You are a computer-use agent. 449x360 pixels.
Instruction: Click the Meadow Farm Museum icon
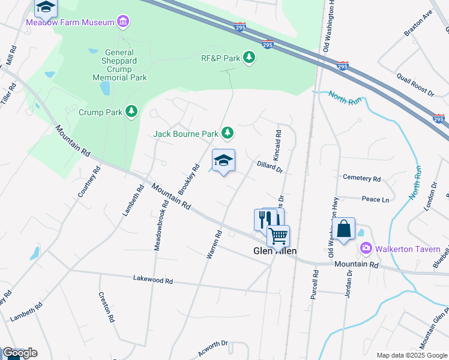click(x=123, y=22)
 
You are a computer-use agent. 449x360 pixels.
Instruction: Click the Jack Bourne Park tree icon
click(x=227, y=133)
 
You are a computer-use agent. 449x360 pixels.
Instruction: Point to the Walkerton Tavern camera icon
click(x=364, y=248)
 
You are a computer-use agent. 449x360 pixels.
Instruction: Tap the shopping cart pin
click(x=278, y=236)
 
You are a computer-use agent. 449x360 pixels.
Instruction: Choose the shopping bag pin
click(x=343, y=229)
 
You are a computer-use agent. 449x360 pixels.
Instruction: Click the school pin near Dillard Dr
click(x=223, y=160)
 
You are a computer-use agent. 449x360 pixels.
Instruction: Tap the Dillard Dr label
click(x=269, y=166)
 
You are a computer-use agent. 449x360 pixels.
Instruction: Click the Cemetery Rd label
click(x=361, y=178)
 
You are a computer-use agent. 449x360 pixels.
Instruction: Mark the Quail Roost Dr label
click(x=415, y=84)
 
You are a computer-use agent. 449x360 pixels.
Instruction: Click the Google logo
click(x=19, y=353)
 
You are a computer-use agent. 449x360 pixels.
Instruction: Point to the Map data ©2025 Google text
click(x=411, y=355)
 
